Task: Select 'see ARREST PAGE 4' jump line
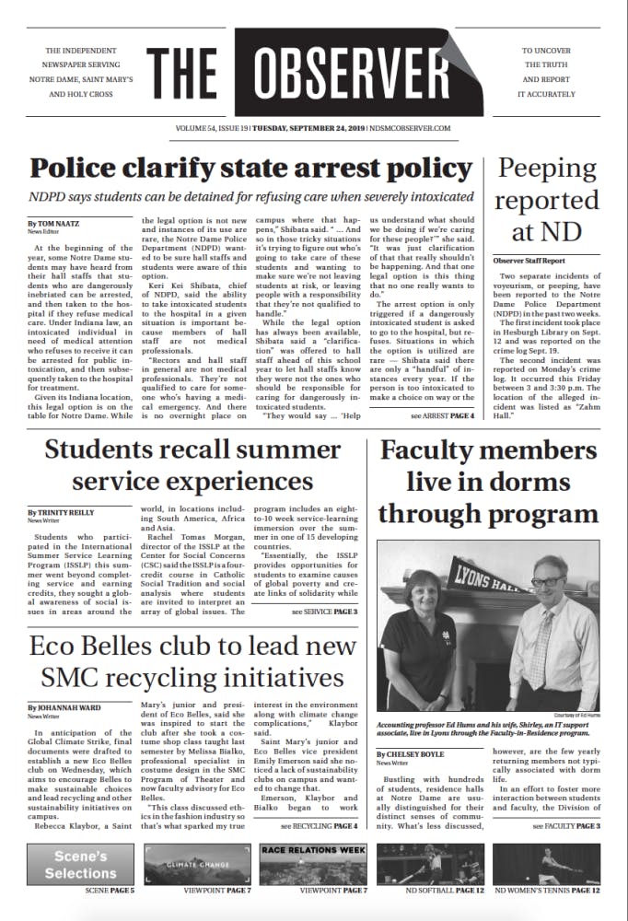click(x=442, y=416)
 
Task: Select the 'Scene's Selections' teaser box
click(x=81, y=865)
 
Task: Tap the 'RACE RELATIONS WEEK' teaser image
click(x=313, y=865)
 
